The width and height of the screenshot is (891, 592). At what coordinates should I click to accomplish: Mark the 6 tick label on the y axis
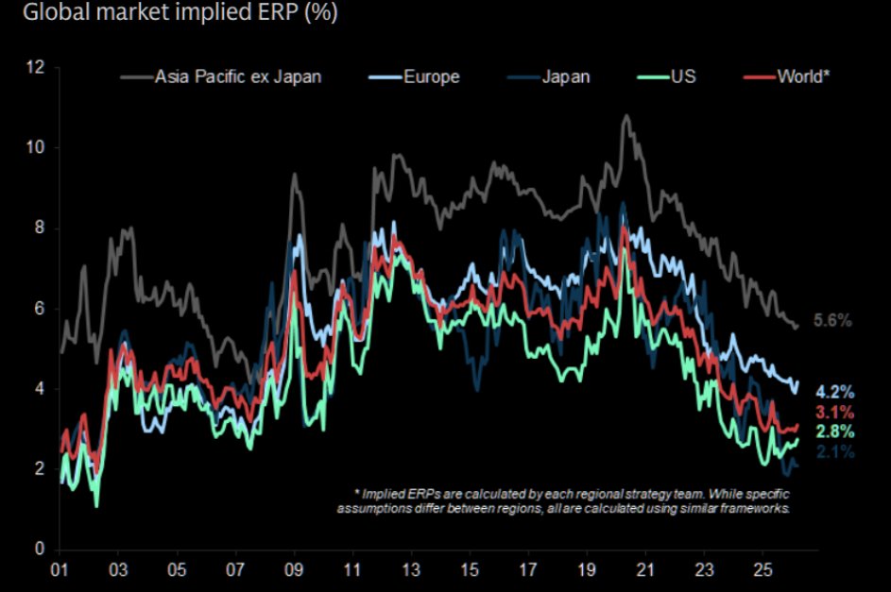[x=40, y=309]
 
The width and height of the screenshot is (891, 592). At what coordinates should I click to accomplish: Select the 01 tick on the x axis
[x=59, y=570]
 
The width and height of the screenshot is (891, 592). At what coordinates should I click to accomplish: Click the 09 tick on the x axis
[x=293, y=570]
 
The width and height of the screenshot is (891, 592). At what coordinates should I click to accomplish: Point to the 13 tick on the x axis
[x=410, y=570]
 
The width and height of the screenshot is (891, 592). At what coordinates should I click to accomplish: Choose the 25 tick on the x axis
[x=762, y=570]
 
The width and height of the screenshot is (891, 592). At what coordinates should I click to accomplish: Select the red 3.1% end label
[x=835, y=412]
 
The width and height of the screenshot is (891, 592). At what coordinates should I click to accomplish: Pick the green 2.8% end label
[x=835, y=431]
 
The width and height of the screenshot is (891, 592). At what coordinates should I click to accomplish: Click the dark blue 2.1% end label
[x=835, y=452]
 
